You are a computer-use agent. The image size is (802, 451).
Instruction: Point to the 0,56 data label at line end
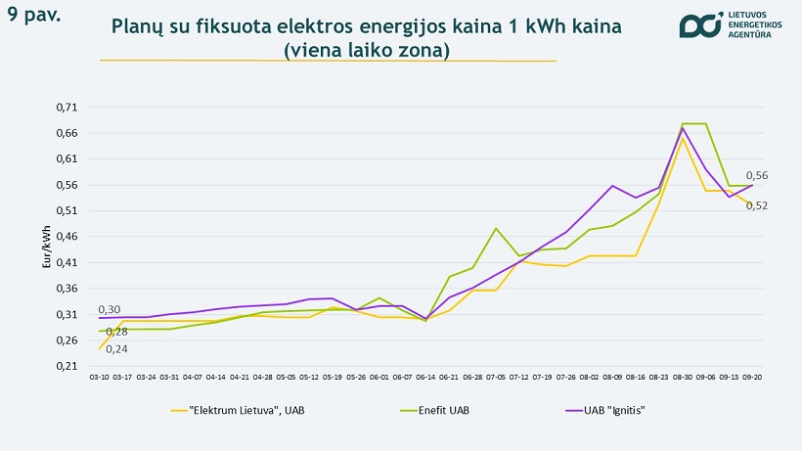(x=757, y=175)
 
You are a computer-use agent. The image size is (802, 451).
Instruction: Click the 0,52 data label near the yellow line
(x=757, y=205)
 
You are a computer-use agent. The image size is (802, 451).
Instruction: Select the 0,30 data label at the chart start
(x=109, y=309)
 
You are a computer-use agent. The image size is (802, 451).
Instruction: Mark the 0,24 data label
(x=116, y=348)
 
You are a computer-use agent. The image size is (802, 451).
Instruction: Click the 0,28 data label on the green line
(x=116, y=332)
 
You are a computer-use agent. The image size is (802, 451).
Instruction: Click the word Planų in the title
(x=139, y=27)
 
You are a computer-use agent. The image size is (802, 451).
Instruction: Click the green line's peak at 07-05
(x=496, y=228)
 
